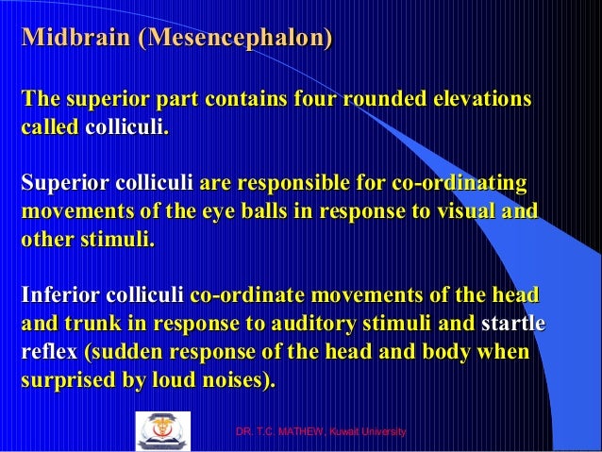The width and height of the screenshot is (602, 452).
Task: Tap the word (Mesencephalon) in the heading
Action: (237, 40)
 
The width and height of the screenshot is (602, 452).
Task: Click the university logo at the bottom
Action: (162, 431)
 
